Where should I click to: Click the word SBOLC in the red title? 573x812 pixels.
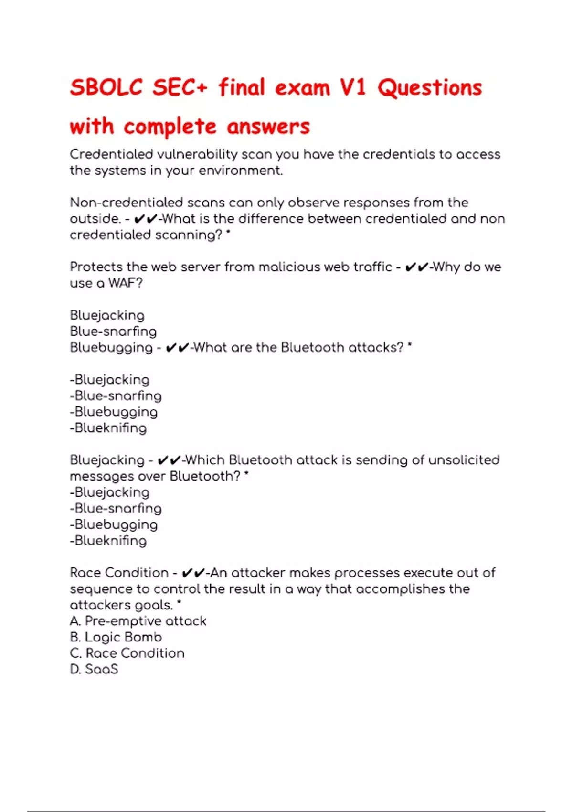coord(106,88)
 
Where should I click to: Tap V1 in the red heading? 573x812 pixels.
coord(353,88)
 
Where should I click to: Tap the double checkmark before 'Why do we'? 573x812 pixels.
coord(416,267)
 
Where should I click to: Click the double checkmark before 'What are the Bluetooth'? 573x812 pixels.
coord(178,348)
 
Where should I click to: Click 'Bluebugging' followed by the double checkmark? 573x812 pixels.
coord(111,348)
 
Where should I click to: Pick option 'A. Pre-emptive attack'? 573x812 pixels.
coord(138,621)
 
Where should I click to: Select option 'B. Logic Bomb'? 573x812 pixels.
coord(116,637)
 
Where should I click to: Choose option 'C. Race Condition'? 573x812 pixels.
coord(127,653)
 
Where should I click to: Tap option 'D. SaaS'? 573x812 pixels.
coord(94,669)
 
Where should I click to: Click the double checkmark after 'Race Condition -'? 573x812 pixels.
coord(194,573)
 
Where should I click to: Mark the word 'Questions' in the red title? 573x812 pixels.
coord(430,88)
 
